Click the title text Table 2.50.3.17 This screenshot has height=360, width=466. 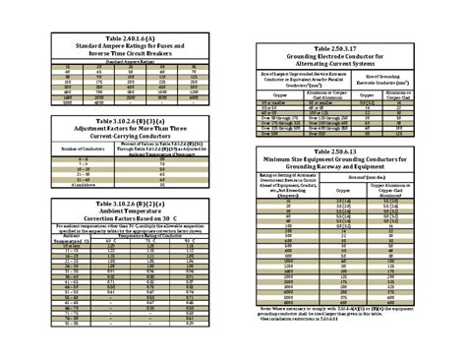347,46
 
